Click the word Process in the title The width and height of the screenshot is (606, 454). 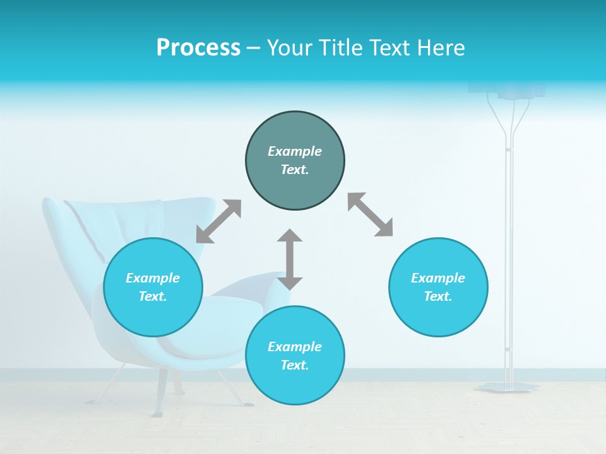198,48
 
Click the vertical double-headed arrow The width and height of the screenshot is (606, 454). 290,259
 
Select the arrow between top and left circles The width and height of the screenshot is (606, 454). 218,221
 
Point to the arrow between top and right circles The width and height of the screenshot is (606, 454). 371,214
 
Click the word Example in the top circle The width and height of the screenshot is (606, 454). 295,151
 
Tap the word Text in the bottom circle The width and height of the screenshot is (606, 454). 295,365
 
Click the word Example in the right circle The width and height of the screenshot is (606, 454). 438,278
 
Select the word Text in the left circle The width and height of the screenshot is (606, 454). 153,296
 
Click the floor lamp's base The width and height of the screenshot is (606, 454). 508,387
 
